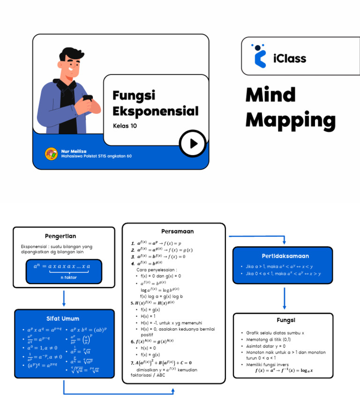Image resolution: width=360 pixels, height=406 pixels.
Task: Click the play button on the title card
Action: point(192,143)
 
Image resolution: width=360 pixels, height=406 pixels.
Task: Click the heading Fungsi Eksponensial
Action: point(155,103)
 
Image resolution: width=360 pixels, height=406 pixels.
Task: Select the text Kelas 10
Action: point(125,126)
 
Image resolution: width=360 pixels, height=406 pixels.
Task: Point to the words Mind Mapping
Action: point(290,108)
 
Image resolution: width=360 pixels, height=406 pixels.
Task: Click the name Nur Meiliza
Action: point(74,151)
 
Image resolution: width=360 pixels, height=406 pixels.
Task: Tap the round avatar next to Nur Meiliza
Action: point(51,154)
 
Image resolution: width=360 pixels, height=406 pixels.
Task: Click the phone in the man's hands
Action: point(88,98)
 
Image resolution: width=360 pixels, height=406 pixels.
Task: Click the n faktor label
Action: point(68,278)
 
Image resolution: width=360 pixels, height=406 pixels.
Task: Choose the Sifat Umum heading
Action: point(64,318)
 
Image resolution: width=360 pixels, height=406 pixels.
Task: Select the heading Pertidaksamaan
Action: point(285,256)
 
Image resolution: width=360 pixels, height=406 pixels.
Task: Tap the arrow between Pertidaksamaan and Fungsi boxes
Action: point(285,298)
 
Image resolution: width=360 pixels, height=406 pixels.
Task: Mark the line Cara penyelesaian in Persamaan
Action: point(157,270)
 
